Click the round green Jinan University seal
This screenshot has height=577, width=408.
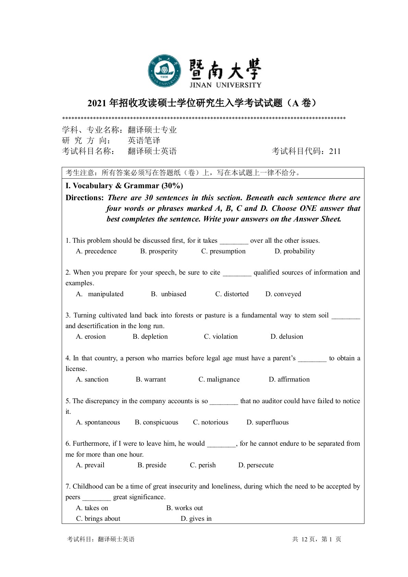pyautogui.click(x=164, y=71)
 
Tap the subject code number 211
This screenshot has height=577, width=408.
pyautogui.click(x=335, y=151)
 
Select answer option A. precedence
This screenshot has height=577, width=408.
pyautogui.click(x=96, y=251)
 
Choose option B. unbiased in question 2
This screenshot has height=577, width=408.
pyautogui.click(x=169, y=294)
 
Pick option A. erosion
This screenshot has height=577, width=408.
pyautogui.click(x=91, y=337)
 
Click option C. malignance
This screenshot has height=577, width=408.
pyautogui.click(x=219, y=380)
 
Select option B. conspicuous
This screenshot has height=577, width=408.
pyautogui.click(x=157, y=422)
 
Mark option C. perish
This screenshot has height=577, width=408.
pyautogui.click(x=203, y=465)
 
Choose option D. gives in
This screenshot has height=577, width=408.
pyautogui.click(x=196, y=519)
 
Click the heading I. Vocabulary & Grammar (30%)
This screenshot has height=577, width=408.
pyautogui.click(x=124, y=186)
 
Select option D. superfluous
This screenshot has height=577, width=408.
pyautogui.click(x=267, y=422)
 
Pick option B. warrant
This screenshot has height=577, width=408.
pyautogui.click(x=151, y=380)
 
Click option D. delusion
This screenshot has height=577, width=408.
pyautogui.click(x=287, y=337)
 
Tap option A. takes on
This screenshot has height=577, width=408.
pyautogui.click(x=92, y=508)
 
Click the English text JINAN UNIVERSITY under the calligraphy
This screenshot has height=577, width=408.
pyautogui.click(x=225, y=85)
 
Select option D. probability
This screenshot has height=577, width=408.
pyautogui.click(x=295, y=251)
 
